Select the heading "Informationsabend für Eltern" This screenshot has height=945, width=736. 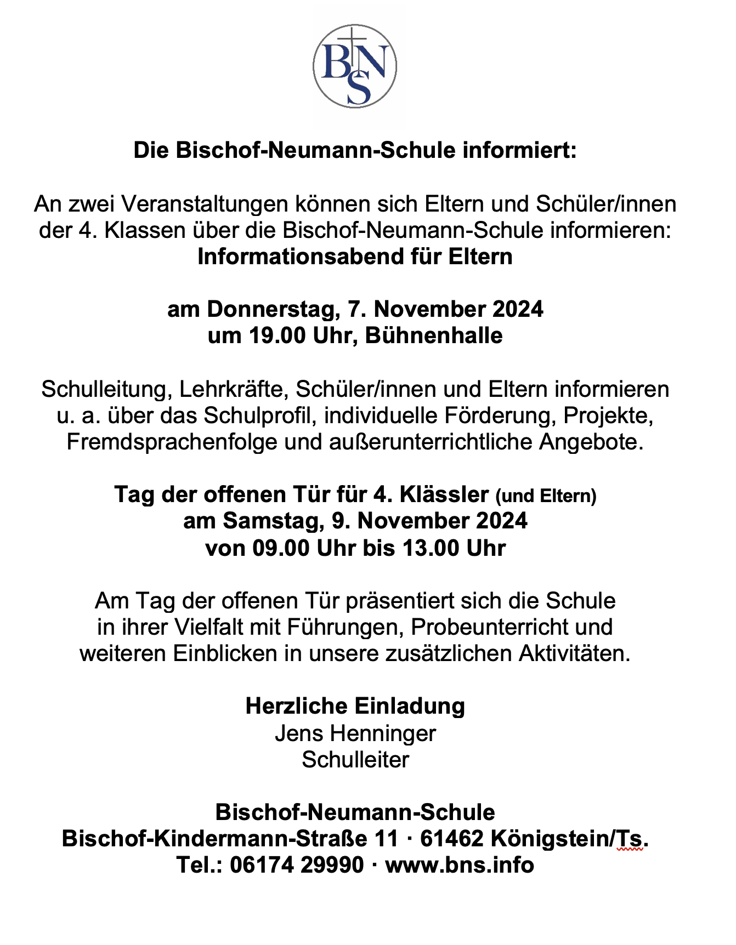[x=355, y=257]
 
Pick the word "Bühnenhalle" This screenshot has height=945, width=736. [x=434, y=336]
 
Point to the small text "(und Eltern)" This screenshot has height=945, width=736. [x=546, y=496]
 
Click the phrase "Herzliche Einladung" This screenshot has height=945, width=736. [x=355, y=707]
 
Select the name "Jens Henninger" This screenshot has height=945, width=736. [x=355, y=733]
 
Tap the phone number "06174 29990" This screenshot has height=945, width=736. [x=297, y=866]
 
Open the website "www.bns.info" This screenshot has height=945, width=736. [x=460, y=866]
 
